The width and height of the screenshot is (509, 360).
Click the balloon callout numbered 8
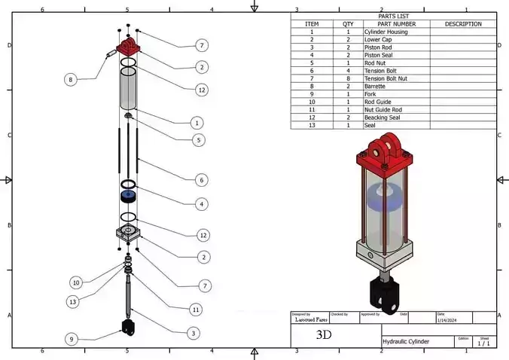coord(70,79)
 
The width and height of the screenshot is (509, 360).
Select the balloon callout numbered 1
coord(197,122)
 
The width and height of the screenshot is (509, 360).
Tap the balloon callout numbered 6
coord(201,180)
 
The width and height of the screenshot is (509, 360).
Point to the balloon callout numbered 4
coord(201,203)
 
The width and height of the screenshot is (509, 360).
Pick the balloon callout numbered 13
coord(73,301)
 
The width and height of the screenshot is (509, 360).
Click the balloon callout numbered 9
coord(71,339)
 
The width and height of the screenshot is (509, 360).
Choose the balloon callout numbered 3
coord(194,333)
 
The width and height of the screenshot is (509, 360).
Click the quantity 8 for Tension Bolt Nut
coord(348,78)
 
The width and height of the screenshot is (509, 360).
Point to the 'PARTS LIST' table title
coord(394,16)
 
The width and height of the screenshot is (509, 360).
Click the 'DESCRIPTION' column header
coord(462,24)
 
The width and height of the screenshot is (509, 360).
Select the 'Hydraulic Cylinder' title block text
coord(407,341)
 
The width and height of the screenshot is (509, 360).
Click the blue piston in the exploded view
coord(128,197)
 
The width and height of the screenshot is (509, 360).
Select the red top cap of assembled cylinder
coord(386,157)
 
